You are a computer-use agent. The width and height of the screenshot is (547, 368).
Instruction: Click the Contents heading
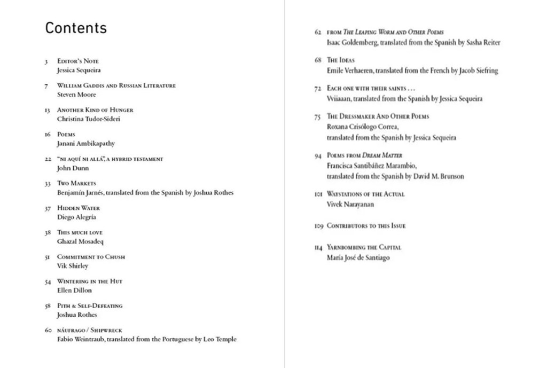coord(76,28)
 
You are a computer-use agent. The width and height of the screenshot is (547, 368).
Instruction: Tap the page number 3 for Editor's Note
coord(47,61)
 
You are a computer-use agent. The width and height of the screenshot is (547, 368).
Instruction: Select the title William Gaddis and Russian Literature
coord(116,85)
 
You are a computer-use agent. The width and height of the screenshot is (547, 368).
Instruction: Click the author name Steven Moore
coord(76,95)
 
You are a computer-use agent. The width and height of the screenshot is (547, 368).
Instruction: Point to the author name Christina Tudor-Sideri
coord(89,119)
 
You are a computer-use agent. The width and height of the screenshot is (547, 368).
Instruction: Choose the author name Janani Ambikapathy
coord(86,144)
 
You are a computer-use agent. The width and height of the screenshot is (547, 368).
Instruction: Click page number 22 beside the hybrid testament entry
coord(48,159)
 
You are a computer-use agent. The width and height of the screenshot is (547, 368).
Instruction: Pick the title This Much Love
coord(80,232)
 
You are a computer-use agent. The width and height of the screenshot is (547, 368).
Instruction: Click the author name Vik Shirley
coord(73,266)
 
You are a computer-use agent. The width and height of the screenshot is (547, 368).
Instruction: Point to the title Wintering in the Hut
coord(90,281)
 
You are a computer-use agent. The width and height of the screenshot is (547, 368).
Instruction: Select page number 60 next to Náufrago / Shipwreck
coord(48,330)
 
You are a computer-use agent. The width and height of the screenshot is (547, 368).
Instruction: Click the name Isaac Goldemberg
coord(352,42)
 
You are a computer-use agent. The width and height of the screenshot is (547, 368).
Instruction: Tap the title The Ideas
coord(341,60)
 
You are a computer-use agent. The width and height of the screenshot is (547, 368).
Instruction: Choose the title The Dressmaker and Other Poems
coord(378,116)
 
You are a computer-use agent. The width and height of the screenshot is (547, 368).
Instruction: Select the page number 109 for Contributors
coord(319,226)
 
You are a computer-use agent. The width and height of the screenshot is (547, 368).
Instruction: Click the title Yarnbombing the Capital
coord(364,247)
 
